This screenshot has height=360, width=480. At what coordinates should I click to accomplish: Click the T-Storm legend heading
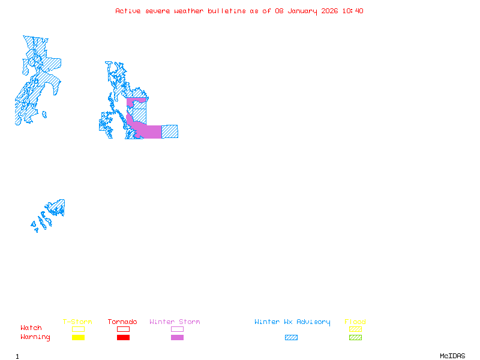coord(77,322)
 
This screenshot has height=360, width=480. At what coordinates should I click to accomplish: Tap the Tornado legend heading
coord(122,322)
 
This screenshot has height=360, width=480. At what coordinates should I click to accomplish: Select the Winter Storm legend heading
coord(175,322)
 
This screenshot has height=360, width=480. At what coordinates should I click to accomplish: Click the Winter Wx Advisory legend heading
coord(292,322)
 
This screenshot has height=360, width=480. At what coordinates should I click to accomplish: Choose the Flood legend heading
coord(355,322)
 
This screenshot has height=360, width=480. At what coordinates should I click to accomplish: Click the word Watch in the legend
coord(31,328)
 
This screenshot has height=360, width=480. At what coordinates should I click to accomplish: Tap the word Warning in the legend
coord(35,337)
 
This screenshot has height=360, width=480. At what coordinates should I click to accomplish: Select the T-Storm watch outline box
coord(78,329)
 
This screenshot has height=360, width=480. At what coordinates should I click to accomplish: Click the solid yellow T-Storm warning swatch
coord(78,338)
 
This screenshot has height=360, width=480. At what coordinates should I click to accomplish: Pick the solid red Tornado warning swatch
coord(123,338)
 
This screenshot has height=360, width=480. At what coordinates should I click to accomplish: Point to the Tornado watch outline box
coord(123,329)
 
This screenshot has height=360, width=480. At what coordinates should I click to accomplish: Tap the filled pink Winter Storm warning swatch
coord(177,338)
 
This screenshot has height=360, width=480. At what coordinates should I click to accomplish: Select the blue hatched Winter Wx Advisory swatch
coord(291,338)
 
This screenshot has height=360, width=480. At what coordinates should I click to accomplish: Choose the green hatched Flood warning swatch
coord(355,338)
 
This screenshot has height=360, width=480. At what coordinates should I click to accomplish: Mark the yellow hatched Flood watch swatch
coord(355,329)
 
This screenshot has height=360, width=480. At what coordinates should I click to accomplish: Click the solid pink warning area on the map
coord(150,131)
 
